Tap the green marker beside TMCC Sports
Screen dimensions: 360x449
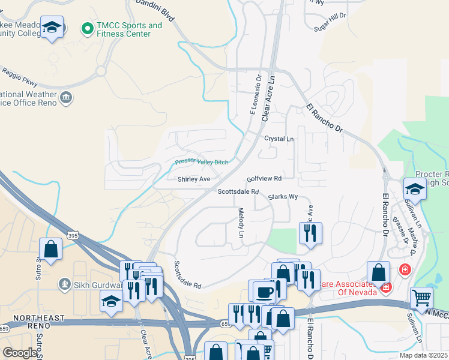[88, 28]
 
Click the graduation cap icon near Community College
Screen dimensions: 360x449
[53, 27]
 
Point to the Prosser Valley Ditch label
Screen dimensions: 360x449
[202, 162]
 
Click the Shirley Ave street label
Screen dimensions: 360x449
[194, 179]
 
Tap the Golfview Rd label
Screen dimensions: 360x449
[264, 179]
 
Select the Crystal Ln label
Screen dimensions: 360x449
[279, 139]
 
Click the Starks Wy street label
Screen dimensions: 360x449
[283, 196]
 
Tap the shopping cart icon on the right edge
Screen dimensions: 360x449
[422, 297]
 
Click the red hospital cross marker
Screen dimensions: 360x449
[405, 270]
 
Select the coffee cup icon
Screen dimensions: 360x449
[263, 291]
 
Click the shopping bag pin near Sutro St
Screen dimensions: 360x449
[51, 248]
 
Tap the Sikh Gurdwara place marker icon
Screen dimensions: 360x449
[63, 283]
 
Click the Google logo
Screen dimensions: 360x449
[20, 353]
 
